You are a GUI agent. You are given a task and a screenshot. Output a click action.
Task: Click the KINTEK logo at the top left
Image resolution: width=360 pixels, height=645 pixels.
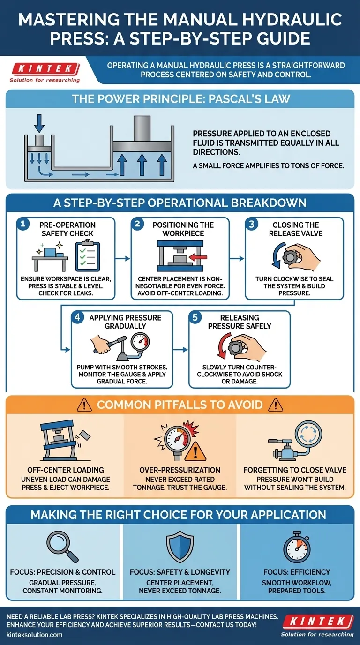pyautogui.click(x=45, y=72)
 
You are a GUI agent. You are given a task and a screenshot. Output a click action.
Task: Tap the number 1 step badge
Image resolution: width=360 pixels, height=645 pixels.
pyautogui.click(x=23, y=224)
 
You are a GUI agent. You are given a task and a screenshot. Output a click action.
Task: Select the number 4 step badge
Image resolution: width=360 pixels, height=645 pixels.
pyautogui.click(x=77, y=317)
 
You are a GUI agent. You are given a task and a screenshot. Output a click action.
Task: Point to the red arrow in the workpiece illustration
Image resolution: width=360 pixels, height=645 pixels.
pyautogui.click(x=199, y=257)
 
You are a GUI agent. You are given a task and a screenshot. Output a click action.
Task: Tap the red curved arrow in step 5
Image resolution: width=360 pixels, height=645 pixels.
pyautogui.click(x=224, y=345)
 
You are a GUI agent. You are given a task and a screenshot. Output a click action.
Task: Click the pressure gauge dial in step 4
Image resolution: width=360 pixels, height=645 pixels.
pyautogui.click(x=140, y=342)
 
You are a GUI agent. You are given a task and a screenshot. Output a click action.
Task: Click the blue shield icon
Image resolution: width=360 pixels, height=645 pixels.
pyautogui.click(x=180, y=546)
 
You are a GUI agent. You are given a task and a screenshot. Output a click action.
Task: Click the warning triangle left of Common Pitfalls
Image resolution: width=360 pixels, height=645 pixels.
pyautogui.click(x=84, y=405)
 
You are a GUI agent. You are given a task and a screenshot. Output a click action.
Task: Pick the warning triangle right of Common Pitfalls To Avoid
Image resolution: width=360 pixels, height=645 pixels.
pyautogui.click(x=276, y=405)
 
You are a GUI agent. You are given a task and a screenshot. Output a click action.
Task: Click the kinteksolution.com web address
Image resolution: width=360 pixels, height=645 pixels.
pyautogui.click(x=35, y=635)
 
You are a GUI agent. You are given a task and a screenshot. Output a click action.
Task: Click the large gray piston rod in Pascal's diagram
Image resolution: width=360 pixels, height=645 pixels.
pyautogui.click(x=142, y=129)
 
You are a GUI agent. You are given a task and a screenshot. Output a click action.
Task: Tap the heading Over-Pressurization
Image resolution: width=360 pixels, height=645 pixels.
pyautogui.click(x=180, y=470)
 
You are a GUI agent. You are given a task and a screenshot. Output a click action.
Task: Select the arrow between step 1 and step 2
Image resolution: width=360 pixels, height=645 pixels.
pyautogui.click(x=123, y=259)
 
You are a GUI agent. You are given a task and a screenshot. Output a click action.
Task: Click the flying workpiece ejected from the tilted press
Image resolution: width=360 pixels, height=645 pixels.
pyautogui.click(x=84, y=435)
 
